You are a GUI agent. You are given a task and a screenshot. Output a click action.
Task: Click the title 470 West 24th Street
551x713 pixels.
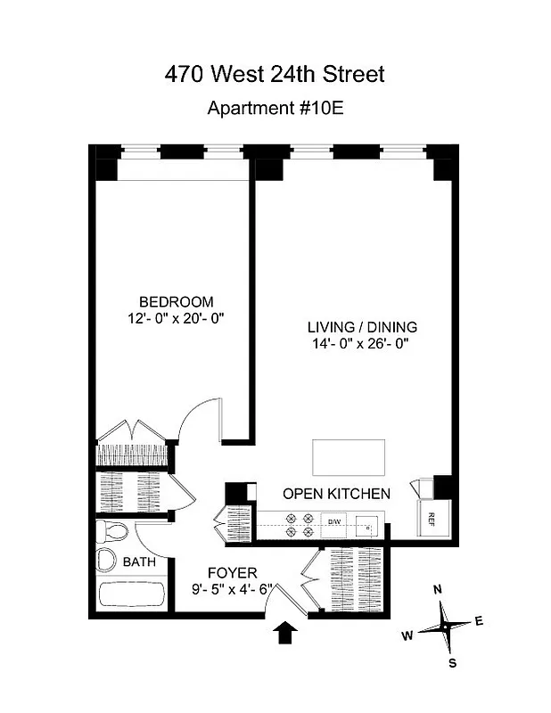point(275,74)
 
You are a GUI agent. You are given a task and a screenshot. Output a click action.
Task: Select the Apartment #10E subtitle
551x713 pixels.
point(275,109)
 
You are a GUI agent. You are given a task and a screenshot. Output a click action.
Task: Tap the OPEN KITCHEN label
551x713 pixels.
point(336,494)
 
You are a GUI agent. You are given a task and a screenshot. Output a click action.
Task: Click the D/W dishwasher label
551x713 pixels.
point(334,520)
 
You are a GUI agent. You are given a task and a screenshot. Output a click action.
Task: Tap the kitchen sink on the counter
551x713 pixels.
point(368,526)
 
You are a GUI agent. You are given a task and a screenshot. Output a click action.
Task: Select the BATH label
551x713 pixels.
point(138,562)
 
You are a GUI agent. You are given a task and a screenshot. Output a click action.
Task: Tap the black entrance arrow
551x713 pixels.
point(285,633)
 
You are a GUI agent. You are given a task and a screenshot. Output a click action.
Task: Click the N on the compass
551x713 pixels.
point(437,590)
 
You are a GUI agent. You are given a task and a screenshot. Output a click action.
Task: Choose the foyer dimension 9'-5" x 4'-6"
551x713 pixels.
point(232,589)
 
